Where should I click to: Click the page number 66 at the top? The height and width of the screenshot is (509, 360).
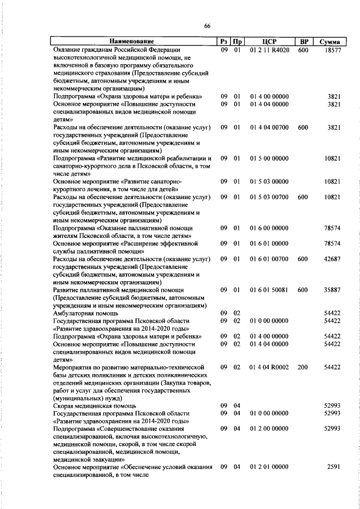tap(207, 26)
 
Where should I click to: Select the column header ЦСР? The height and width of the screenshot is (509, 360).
tap(269, 42)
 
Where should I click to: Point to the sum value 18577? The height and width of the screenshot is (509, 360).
tap(332, 50)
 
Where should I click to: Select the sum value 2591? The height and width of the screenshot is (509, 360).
tap(334, 467)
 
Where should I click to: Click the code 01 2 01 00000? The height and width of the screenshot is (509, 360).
tap(269, 467)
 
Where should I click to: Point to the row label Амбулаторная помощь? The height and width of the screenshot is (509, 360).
tap(85, 313)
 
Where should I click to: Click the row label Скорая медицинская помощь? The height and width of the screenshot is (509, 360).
tap(94, 406)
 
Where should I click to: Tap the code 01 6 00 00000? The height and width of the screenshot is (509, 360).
tap(269, 228)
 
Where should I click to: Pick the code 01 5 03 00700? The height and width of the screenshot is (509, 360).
tap(269, 197)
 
